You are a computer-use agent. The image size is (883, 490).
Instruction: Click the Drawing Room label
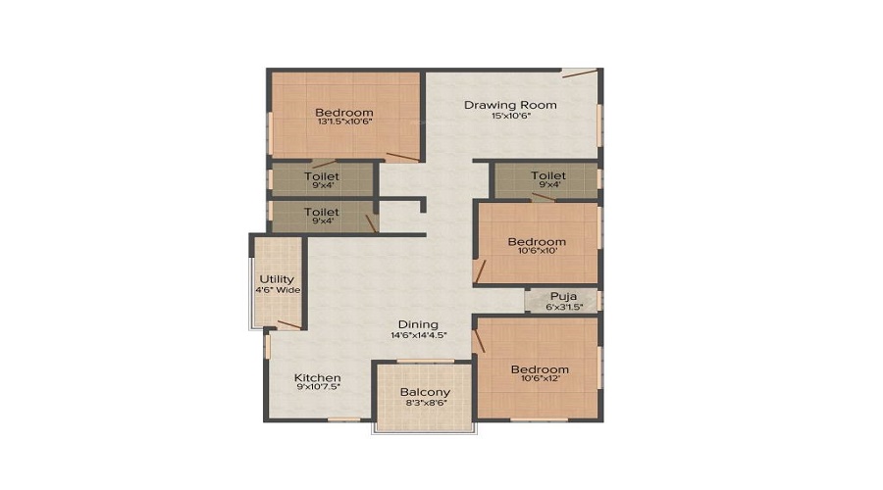click(510, 105)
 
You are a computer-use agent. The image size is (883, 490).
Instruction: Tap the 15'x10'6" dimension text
click(511, 116)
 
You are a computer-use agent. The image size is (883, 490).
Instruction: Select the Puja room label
click(563, 297)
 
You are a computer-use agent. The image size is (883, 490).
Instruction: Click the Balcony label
click(425, 392)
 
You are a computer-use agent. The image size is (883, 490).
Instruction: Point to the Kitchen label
click(318, 377)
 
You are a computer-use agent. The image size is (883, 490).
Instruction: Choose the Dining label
click(418, 324)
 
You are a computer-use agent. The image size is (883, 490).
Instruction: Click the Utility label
click(277, 279)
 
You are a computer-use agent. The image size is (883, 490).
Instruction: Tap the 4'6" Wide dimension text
click(278, 290)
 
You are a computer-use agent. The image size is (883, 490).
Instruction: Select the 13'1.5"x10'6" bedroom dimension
click(344, 122)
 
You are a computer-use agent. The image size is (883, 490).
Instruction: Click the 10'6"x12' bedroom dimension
click(540, 378)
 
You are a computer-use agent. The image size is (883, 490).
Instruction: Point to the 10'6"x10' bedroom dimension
click(538, 251)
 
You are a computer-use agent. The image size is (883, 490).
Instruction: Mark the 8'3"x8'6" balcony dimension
click(425, 402)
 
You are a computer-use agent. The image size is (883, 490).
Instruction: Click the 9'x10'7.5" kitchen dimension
click(318, 387)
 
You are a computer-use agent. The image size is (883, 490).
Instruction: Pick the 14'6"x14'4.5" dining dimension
click(419, 335)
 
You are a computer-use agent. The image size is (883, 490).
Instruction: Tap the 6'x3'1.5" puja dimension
click(564, 307)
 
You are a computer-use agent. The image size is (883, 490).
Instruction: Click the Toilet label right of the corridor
click(548, 175)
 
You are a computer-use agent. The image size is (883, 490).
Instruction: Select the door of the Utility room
click(289, 324)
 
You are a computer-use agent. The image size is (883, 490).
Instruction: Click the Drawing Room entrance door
click(580, 73)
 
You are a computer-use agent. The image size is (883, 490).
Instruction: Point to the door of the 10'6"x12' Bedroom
click(479, 341)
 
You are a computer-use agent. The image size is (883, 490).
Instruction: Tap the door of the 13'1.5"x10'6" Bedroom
click(402, 157)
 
